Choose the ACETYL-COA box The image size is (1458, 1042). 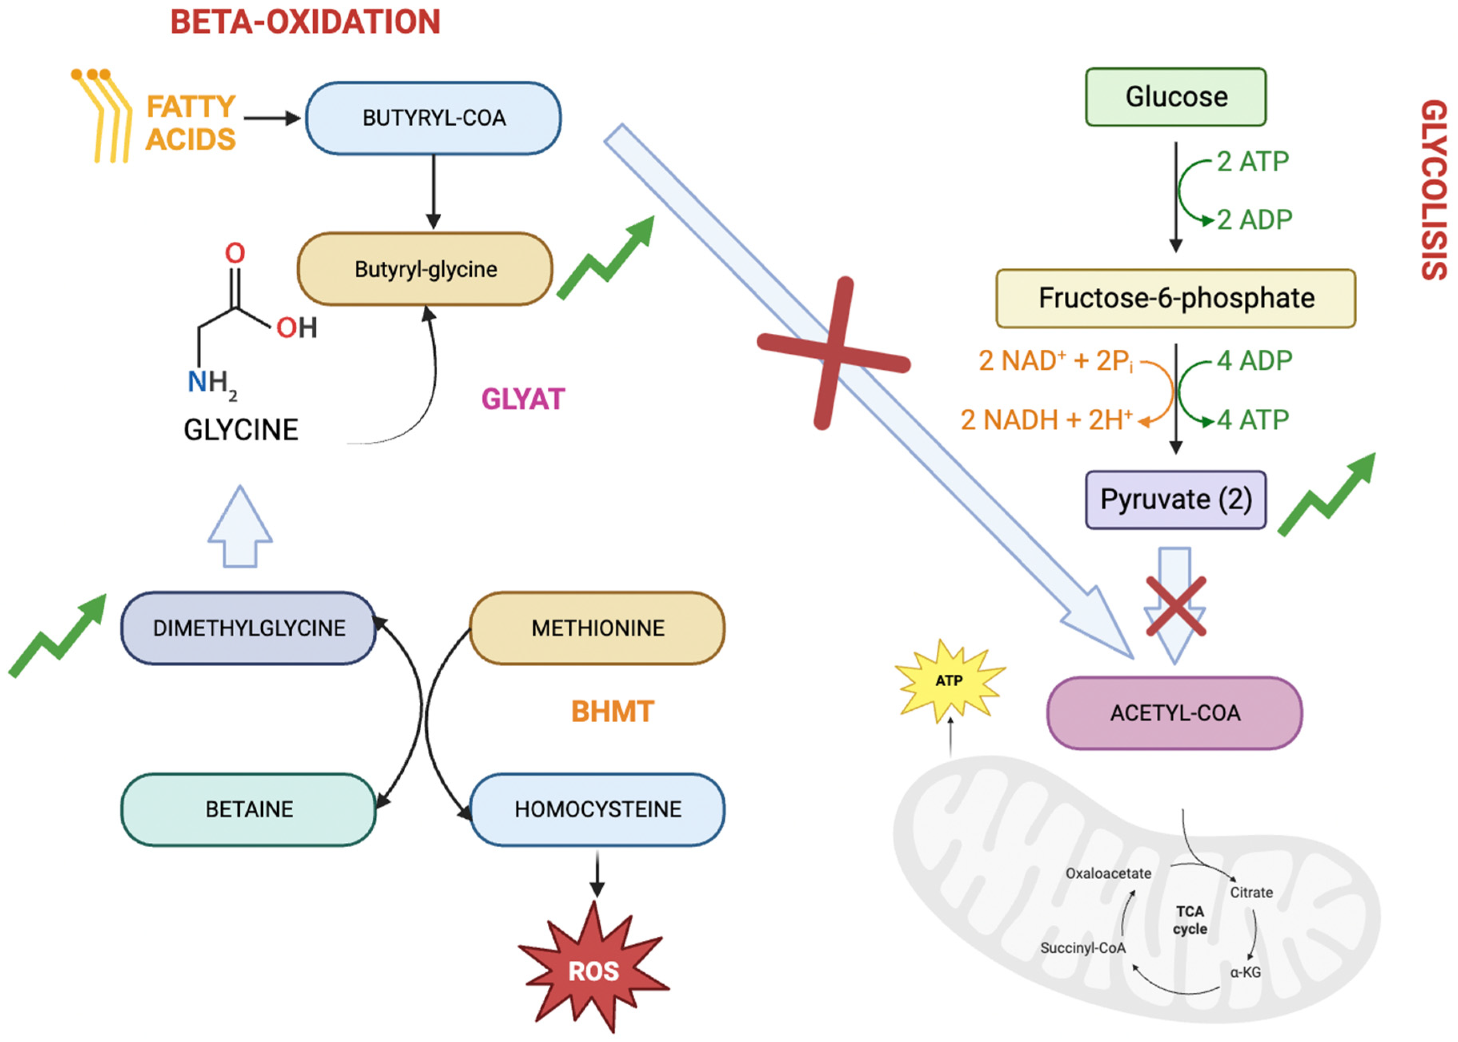pos(1174,713)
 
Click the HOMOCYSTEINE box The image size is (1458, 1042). pos(597,809)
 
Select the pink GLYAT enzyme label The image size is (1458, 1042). pos(523,399)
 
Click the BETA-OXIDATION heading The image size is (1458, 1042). pos(305,22)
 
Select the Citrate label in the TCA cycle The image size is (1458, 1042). pos(1251,892)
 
